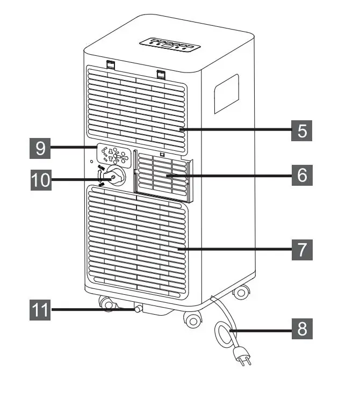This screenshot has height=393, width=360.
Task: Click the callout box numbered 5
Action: pos(303,130)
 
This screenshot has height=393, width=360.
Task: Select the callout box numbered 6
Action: pos(303,176)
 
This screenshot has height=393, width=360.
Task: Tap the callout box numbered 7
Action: pos(303,249)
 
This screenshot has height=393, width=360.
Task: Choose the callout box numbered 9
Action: pos(41,148)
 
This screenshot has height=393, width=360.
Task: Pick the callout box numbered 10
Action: pos(41,179)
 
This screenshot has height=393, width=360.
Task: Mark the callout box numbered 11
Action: pos(41,310)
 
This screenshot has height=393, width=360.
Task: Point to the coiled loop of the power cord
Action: pos(225,332)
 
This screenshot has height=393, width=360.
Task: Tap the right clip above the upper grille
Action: pos(160,73)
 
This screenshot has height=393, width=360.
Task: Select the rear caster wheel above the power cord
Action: pos(241,293)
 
